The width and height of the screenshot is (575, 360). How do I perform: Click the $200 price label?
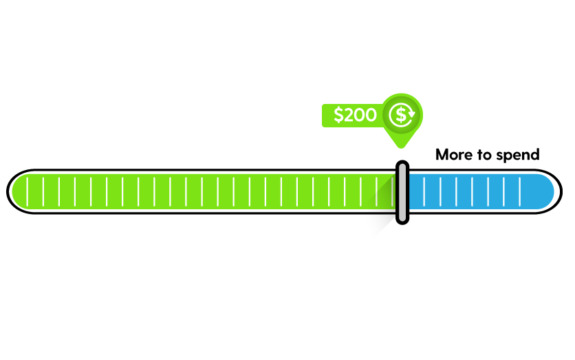(x=354, y=116)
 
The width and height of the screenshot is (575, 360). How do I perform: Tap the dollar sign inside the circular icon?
(x=401, y=115)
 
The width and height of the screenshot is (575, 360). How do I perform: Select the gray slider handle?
(x=402, y=192)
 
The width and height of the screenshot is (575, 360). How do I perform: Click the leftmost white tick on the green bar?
(x=27, y=191)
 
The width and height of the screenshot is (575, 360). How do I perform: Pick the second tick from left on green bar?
(x=43, y=191)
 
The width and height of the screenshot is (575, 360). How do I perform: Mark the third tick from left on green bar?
(x=58, y=191)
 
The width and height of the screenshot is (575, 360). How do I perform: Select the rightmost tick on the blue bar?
(x=520, y=191)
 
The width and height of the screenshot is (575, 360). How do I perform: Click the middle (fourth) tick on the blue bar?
(x=472, y=191)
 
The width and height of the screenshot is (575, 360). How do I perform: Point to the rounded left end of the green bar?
(x=18, y=191)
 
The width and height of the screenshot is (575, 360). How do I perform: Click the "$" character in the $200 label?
(x=338, y=116)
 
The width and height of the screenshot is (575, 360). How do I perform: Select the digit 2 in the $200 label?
(x=348, y=116)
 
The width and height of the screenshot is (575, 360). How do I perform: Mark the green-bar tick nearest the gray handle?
(x=391, y=191)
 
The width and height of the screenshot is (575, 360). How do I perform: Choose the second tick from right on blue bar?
(x=504, y=191)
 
